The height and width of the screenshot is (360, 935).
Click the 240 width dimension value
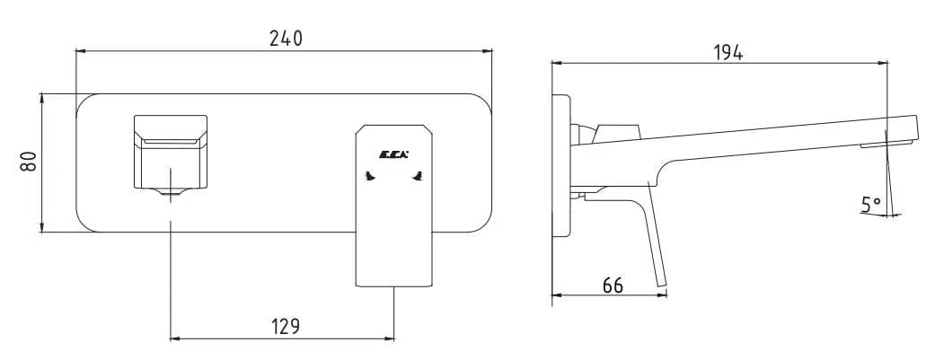286,39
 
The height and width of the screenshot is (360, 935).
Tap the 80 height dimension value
29,162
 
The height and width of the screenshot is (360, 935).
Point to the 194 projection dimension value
728,52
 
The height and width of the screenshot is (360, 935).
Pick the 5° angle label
870,206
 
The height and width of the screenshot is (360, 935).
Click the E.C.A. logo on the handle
394,155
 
